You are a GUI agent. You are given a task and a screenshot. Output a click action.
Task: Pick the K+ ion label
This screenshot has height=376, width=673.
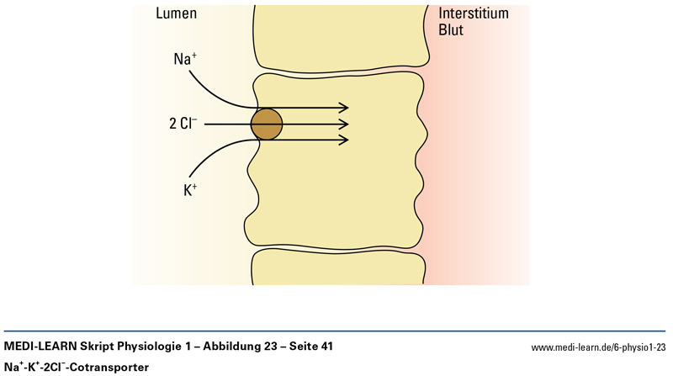click(190, 190)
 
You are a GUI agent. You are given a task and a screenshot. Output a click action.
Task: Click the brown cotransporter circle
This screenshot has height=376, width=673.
click(267, 124)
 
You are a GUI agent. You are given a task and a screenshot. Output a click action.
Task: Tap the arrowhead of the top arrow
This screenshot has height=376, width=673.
click(344, 108)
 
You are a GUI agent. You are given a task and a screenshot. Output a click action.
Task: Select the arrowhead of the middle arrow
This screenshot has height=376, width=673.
click(344, 124)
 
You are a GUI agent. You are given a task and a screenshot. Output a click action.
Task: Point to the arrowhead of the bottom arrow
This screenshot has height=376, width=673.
click(344, 140)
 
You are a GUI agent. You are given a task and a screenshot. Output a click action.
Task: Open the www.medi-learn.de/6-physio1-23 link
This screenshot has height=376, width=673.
click(599, 348)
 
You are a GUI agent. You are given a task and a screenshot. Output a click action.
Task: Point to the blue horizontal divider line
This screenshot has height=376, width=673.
click(336, 331)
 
